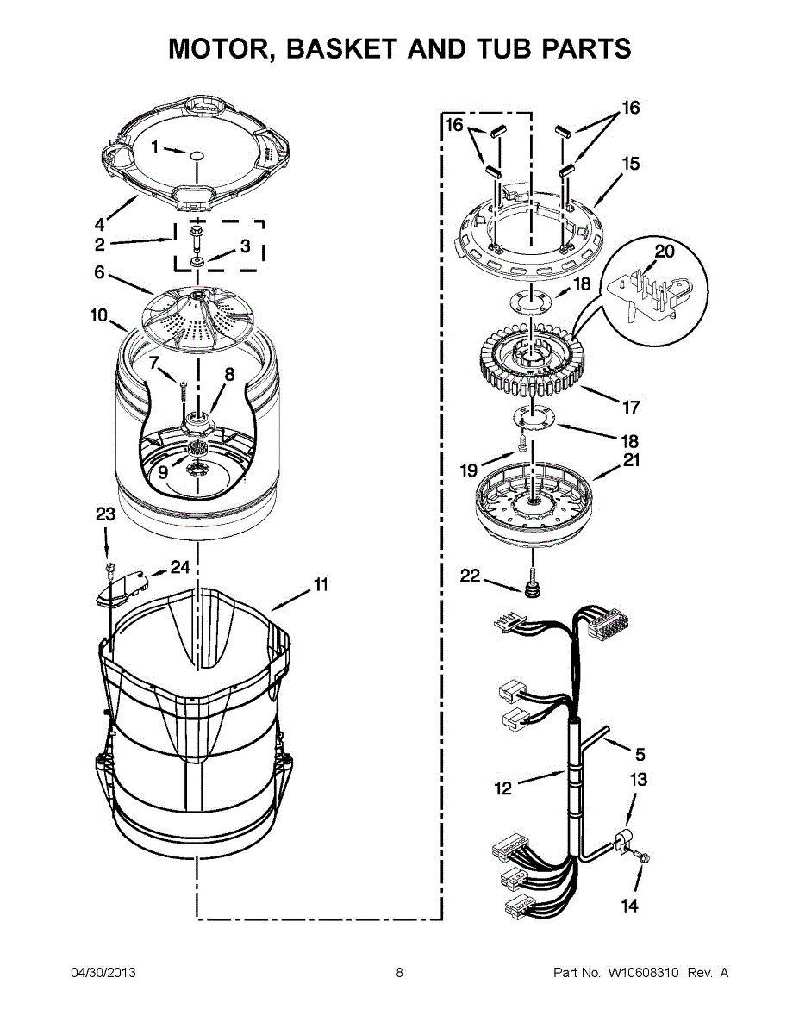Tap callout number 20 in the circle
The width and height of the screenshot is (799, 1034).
(x=665, y=252)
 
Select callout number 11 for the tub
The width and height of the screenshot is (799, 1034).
(x=321, y=585)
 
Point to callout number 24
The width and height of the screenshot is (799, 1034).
(x=180, y=567)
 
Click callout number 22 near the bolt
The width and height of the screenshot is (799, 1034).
(x=470, y=576)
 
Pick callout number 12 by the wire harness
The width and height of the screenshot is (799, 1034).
(x=503, y=787)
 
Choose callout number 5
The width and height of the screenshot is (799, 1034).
(x=640, y=755)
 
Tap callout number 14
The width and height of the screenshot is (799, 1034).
(x=630, y=906)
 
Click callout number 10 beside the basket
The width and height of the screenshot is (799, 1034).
(x=99, y=315)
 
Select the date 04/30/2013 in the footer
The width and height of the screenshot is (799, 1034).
(x=103, y=973)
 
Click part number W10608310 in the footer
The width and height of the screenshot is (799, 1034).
(x=643, y=973)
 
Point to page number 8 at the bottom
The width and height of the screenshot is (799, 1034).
(x=400, y=973)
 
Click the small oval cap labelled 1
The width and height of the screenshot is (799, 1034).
(x=197, y=156)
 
